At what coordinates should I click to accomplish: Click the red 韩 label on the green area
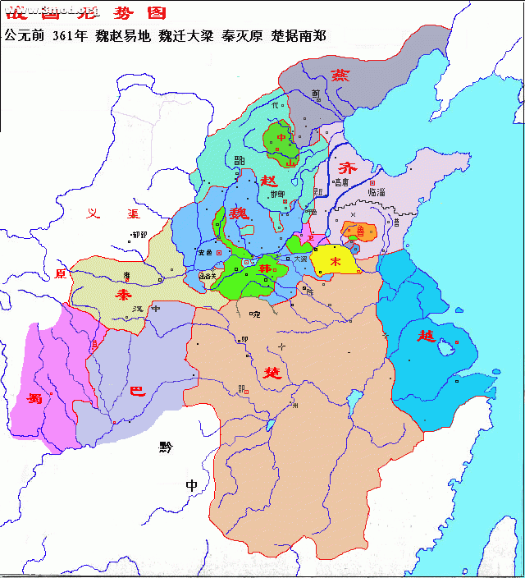coord(265,269)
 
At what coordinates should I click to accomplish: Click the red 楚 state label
coord(271,371)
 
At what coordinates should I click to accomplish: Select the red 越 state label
coord(425,335)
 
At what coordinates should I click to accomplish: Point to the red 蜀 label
coord(34,399)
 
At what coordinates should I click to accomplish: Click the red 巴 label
coord(138,392)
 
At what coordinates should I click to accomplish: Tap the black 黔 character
coord(167,447)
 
